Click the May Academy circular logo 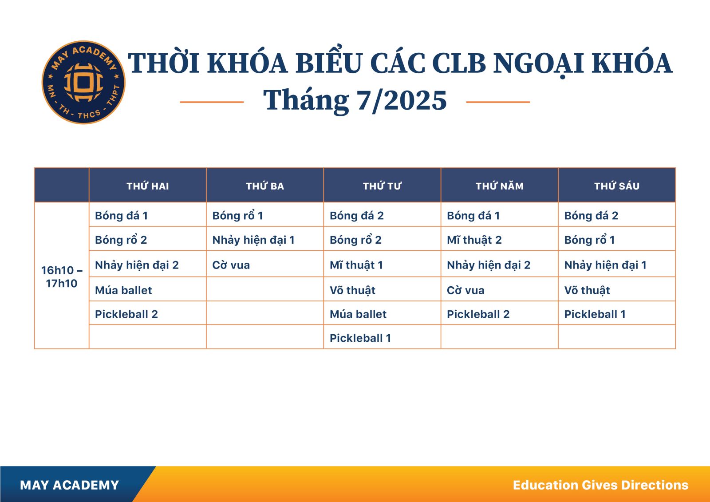pos(83,82)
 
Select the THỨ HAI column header pos(148,186)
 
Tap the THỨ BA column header pos(265,186)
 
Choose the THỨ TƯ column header pos(382,186)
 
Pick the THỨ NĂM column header pos(500,186)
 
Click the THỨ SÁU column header pos(617,186)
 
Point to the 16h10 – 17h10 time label pos(62,277)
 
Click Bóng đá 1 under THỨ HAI pos(122,216)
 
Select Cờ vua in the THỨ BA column pos(231,265)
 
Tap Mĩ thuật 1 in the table pos(356,265)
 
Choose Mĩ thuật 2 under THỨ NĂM pos(474,240)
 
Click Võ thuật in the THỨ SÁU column pos(587,290)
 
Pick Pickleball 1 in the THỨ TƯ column pos(360,338)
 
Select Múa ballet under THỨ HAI pos(124,290)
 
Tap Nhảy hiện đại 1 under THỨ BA pos(253,240)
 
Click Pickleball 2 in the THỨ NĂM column pos(478,314)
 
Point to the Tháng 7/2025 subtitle pos(355,100)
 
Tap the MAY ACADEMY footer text pos(69,485)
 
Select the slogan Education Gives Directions pos(601,485)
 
